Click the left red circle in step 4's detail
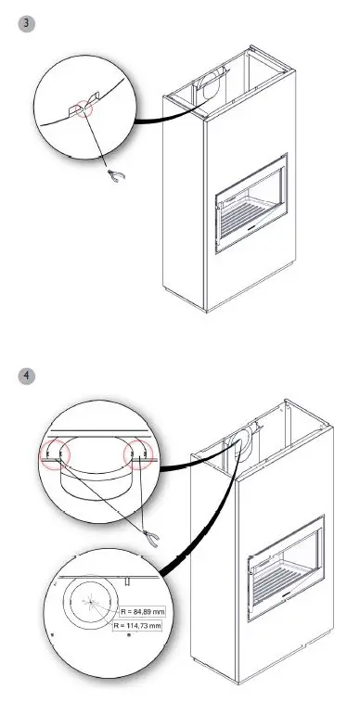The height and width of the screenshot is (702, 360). coord(54,453)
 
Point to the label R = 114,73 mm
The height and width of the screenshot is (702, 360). coord(136,627)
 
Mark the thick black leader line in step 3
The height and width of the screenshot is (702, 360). coord(167,116)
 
